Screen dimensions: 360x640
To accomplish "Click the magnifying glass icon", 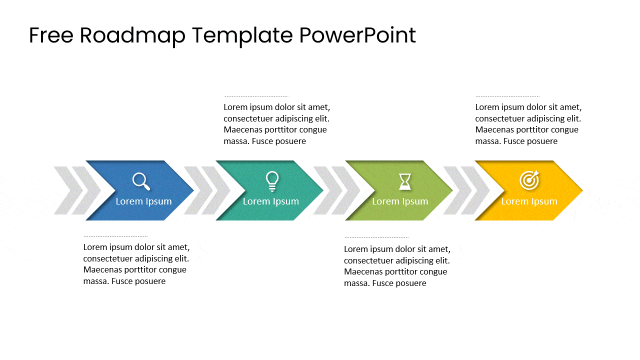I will pyautogui.click(x=141, y=181).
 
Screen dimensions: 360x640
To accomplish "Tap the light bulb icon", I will pyautogui.click(x=272, y=181).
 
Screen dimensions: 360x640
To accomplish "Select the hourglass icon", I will pyautogui.click(x=405, y=181).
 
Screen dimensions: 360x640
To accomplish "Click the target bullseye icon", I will pyautogui.click(x=529, y=180).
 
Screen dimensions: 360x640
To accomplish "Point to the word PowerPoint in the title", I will pyautogui.click(x=357, y=36).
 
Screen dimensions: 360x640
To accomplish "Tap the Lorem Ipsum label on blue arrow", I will pyautogui.click(x=143, y=201).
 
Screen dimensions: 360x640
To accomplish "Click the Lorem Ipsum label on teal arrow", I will pyautogui.click(x=270, y=201).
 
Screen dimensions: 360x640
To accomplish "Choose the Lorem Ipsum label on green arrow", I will pyautogui.click(x=400, y=201).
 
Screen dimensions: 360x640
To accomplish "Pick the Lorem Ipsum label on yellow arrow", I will pyautogui.click(x=529, y=201).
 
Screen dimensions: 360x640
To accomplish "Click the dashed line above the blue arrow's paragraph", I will pyautogui.click(x=115, y=236).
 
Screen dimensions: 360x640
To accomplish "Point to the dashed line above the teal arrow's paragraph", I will pyautogui.click(x=256, y=96).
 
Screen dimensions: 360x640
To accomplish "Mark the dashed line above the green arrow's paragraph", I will pyautogui.click(x=376, y=238).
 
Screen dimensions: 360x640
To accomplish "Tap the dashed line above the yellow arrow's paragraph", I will pyautogui.click(x=507, y=96).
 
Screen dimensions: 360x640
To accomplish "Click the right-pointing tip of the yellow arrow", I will pyautogui.click(x=580, y=190).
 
